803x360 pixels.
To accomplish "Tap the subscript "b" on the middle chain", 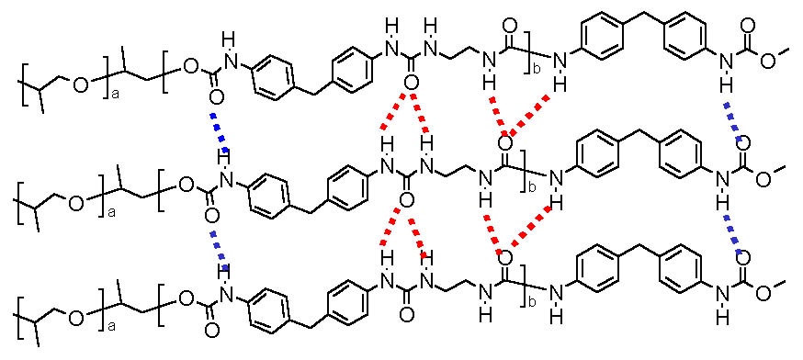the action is coord(529,188).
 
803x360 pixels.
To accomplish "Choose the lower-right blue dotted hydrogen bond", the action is coord(734,235).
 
